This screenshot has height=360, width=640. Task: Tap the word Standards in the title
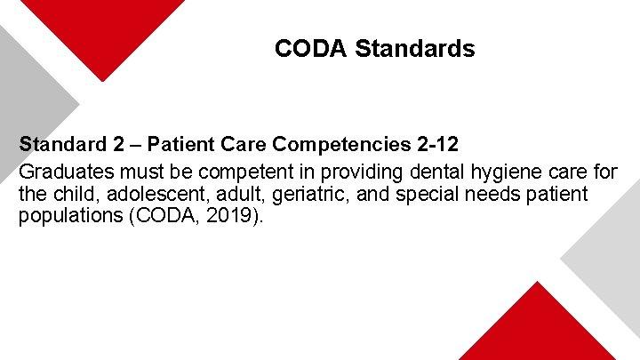click(x=414, y=49)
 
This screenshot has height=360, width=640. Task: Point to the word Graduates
click(x=60, y=171)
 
